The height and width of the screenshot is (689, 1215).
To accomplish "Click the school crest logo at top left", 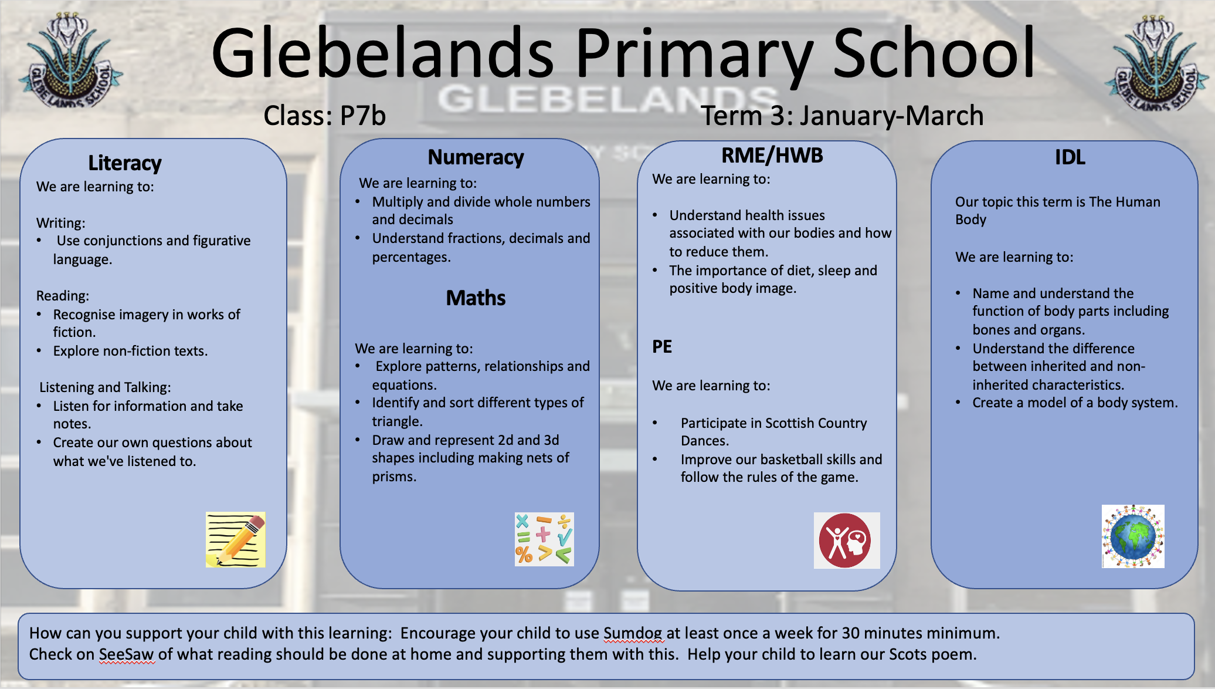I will (70, 62).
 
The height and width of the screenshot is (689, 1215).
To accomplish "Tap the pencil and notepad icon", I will (236, 539).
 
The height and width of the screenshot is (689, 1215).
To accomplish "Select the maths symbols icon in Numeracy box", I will (544, 539).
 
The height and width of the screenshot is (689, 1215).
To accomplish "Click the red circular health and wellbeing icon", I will (846, 541).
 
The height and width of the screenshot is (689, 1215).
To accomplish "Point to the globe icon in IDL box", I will (1133, 536).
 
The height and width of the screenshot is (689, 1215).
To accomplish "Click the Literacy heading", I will (124, 163).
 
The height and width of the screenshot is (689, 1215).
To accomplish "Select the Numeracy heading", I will (476, 157).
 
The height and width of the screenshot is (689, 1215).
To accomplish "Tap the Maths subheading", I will (476, 298).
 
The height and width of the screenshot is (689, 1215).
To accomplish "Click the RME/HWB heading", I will (772, 156).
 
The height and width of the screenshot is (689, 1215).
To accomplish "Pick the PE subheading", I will (662, 347).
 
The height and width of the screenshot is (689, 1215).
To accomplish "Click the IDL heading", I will (1070, 157).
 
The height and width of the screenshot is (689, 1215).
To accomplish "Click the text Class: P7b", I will (324, 115).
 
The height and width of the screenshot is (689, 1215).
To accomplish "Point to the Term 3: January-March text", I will (842, 115).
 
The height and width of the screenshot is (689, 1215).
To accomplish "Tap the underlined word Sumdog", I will (633, 633).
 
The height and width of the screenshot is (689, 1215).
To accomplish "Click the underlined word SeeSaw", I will (126, 654).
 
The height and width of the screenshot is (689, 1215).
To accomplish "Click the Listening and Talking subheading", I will (105, 387).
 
